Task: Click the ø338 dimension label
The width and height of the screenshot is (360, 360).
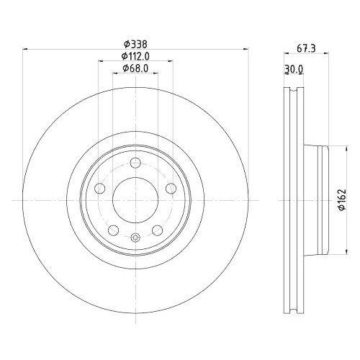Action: pyautogui.click(x=135, y=44)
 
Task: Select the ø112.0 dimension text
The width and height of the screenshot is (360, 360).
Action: pyautogui.click(x=135, y=56)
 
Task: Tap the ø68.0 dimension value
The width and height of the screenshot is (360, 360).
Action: pyautogui.click(x=135, y=68)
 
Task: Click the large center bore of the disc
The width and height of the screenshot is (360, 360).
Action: pyautogui.click(x=135, y=194)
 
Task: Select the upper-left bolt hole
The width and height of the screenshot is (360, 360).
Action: pyautogui.click(x=100, y=189)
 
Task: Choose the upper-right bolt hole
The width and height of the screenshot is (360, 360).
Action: pyautogui.click(x=171, y=189)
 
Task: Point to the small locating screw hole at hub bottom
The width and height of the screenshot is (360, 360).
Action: pyautogui.click(x=135, y=237)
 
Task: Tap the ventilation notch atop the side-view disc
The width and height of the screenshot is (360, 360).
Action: pyautogui.click(x=294, y=91)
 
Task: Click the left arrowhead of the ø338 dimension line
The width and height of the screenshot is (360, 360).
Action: pyautogui.click(x=27, y=50)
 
